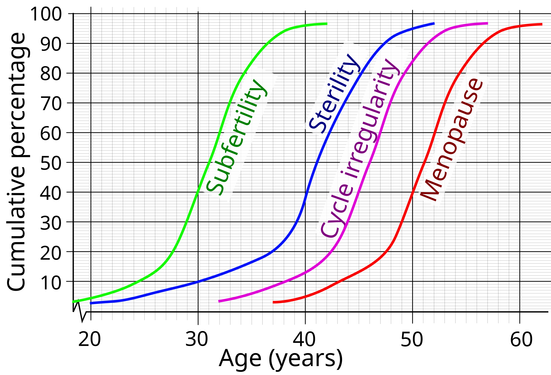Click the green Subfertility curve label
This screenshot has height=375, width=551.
click(236, 137)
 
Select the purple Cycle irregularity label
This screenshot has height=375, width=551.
click(360, 148)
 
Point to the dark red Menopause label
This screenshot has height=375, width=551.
click(452, 140)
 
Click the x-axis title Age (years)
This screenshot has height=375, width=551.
click(281, 359)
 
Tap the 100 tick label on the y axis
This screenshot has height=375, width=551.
click(46, 14)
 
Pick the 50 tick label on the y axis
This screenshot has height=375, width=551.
click(51, 163)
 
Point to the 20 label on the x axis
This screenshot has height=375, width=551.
click(90, 339)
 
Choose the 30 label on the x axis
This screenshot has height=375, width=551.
click(197, 339)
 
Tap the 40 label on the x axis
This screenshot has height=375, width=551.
click(304, 339)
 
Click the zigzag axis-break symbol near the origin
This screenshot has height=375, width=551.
click(79, 311)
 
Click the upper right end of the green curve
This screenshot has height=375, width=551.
click(326, 24)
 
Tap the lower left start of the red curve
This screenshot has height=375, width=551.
click(274, 302)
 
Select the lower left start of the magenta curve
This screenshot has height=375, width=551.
click(220, 301)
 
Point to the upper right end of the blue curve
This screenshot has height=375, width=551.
click(434, 23)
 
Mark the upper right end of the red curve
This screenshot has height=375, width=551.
click(541, 24)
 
